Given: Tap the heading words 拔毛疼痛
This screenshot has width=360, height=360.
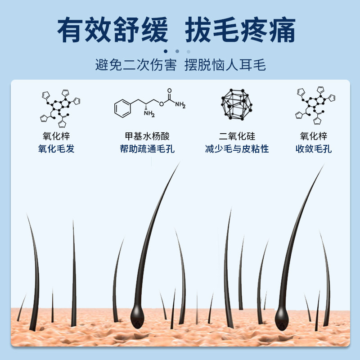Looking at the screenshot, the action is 241,30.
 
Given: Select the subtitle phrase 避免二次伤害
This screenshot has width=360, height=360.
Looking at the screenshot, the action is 135,65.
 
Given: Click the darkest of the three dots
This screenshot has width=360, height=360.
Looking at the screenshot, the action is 166,51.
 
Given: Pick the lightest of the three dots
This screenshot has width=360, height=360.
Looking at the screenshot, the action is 189,51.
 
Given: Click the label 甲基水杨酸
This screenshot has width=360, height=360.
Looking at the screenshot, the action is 147,136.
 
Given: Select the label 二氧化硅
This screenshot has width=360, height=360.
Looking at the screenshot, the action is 237,136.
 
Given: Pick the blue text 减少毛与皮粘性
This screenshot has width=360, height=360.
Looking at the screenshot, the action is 237,149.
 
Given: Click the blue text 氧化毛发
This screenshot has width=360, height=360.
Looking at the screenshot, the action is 56,149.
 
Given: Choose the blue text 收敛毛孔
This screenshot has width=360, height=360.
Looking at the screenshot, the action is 314,149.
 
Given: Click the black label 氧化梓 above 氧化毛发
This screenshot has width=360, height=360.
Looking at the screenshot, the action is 56,136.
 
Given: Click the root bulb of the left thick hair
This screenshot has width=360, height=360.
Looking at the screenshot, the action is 138,314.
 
